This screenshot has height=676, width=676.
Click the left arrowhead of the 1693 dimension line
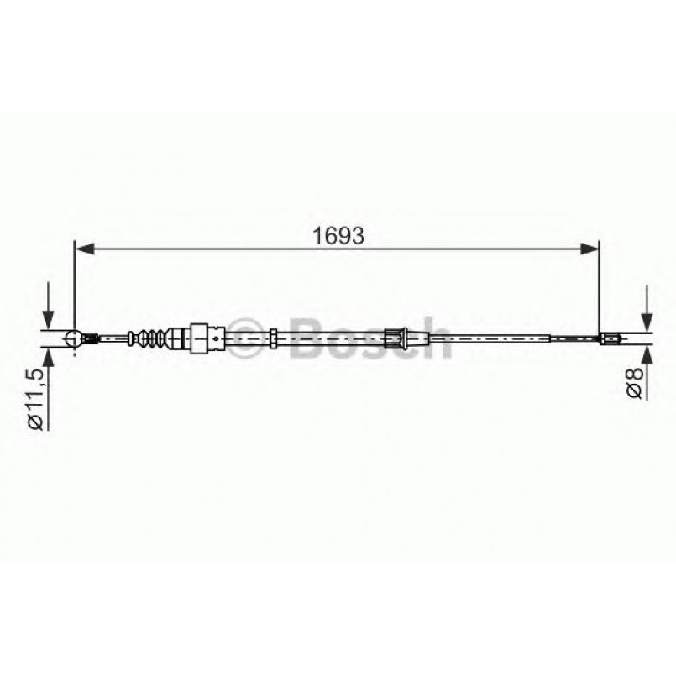(82, 248)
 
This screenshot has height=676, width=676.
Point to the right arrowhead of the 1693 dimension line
(593, 248)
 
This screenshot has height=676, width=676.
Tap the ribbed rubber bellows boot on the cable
(148, 338)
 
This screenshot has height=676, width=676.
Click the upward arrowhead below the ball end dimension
(49, 356)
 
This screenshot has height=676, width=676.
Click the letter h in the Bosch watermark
(433, 338)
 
